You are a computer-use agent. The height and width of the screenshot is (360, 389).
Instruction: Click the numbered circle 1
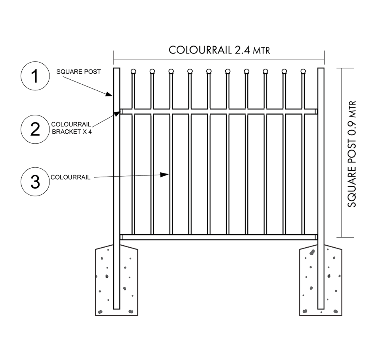click(x=35, y=77)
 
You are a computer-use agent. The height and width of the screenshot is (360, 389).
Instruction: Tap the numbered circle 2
click(x=35, y=129)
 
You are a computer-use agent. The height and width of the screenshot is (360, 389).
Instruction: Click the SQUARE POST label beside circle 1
click(x=78, y=72)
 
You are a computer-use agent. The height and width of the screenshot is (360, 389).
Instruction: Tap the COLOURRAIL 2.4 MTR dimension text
click(x=219, y=50)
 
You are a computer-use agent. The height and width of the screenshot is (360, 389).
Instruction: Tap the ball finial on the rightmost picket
click(x=303, y=71)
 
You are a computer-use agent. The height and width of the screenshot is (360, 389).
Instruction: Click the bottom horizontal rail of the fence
click(x=219, y=237)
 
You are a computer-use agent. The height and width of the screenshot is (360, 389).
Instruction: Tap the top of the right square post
click(x=321, y=70)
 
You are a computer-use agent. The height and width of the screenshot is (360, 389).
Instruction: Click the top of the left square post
click(x=117, y=70)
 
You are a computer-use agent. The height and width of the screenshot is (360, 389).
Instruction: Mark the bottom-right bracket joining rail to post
click(x=316, y=237)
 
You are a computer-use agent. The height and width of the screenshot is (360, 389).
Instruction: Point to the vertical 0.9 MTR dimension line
click(x=343, y=152)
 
